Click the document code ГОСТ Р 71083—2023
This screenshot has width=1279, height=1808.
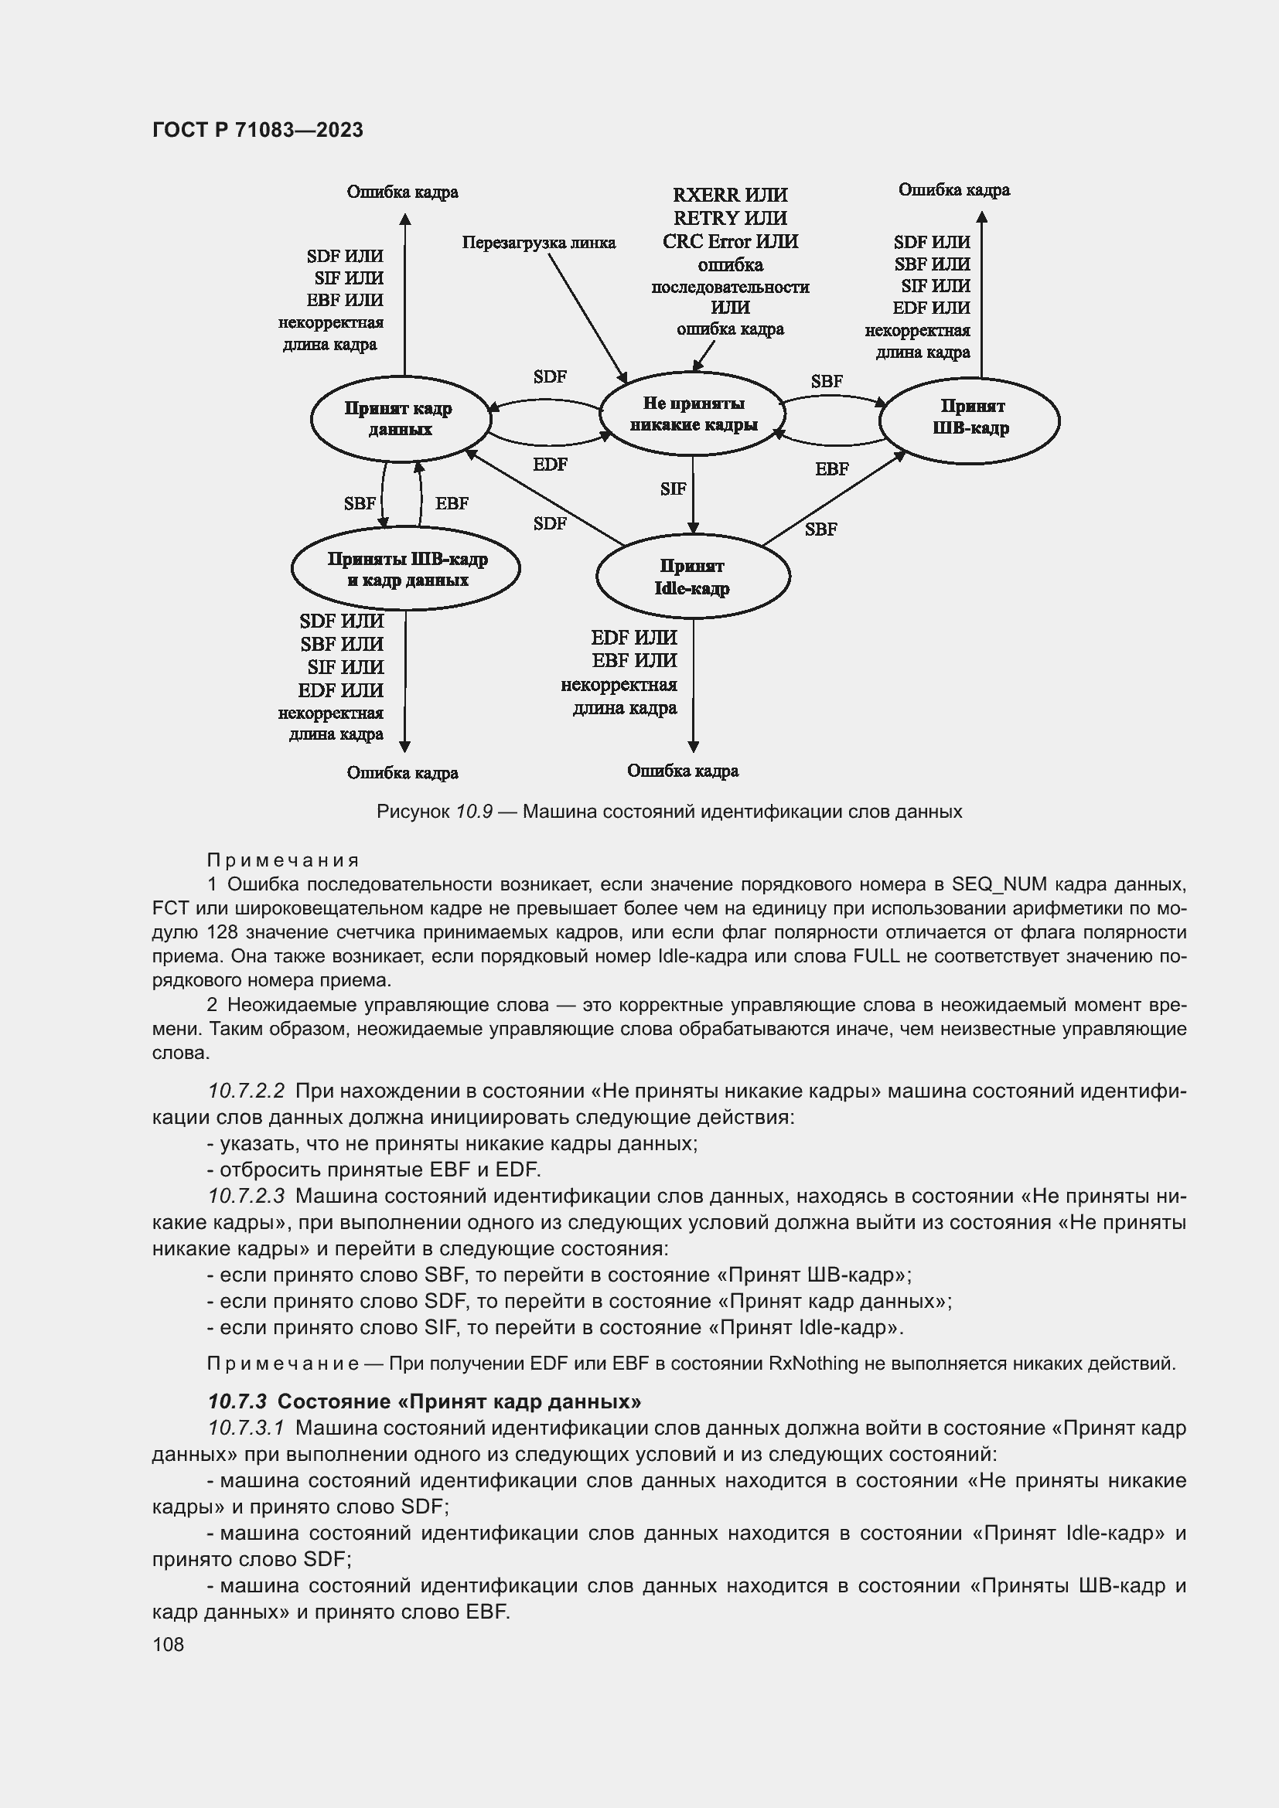(258, 130)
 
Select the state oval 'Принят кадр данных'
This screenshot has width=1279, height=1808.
(399, 418)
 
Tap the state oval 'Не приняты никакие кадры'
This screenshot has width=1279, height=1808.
(692, 414)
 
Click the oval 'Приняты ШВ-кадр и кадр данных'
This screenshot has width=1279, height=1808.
(407, 569)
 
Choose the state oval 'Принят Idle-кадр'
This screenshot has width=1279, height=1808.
(692, 577)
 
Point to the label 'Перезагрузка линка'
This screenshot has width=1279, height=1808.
(539, 243)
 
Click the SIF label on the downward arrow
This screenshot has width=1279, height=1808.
(674, 489)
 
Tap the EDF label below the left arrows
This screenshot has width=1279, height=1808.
(550, 465)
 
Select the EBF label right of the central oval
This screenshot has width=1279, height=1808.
(832, 469)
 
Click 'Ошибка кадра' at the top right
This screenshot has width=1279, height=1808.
(953, 190)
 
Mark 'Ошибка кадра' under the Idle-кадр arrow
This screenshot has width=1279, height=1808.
(683, 771)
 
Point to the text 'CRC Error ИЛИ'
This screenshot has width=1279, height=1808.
(730, 242)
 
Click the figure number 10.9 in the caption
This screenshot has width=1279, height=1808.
(474, 811)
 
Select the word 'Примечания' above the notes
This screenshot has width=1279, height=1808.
(283, 860)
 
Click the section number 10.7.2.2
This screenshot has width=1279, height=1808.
(246, 1091)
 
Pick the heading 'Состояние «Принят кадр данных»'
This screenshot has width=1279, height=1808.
(459, 1401)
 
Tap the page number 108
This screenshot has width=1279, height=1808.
(168, 1644)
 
